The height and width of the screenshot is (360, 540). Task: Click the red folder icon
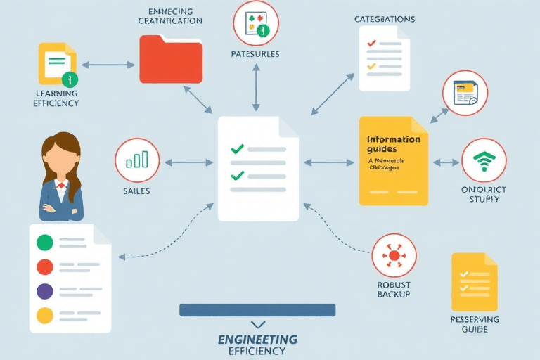pyautogui.click(x=171, y=60)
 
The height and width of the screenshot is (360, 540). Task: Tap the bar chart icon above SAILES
pyautogui.click(x=137, y=161)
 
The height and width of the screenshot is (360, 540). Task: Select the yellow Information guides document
pyautogui.click(x=393, y=161)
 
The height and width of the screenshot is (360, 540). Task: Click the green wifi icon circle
pyautogui.click(x=484, y=161)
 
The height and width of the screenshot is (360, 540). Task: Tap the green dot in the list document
pyautogui.click(x=44, y=243)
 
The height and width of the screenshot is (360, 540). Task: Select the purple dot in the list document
pyautogui.click(x=44, y=291)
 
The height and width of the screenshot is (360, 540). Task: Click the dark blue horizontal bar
pyautogui.click(x=257, y=309)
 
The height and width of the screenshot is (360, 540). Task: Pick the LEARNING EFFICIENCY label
pyautogui.click(x=56, y=98)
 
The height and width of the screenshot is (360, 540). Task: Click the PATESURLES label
pyautogui.click(x=255, y=54)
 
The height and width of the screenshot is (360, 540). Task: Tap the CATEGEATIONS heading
pyautogui.click(x=385, y=19)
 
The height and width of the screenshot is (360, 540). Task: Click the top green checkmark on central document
pyautogui.click(x=237, y=149)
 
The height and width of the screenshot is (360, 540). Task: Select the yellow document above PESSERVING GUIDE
pyautogui.click(x=474, y=282)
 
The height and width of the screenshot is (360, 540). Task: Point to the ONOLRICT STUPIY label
pyautogui.click(x=484, y=195)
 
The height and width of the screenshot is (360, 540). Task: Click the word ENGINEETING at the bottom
pyautogui.click(x=257, y=340)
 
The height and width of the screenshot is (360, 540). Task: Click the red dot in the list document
pyautogui.click(x=44, y=266)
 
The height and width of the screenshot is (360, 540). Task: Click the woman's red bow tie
pyautogui.click(x=61, y=186)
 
